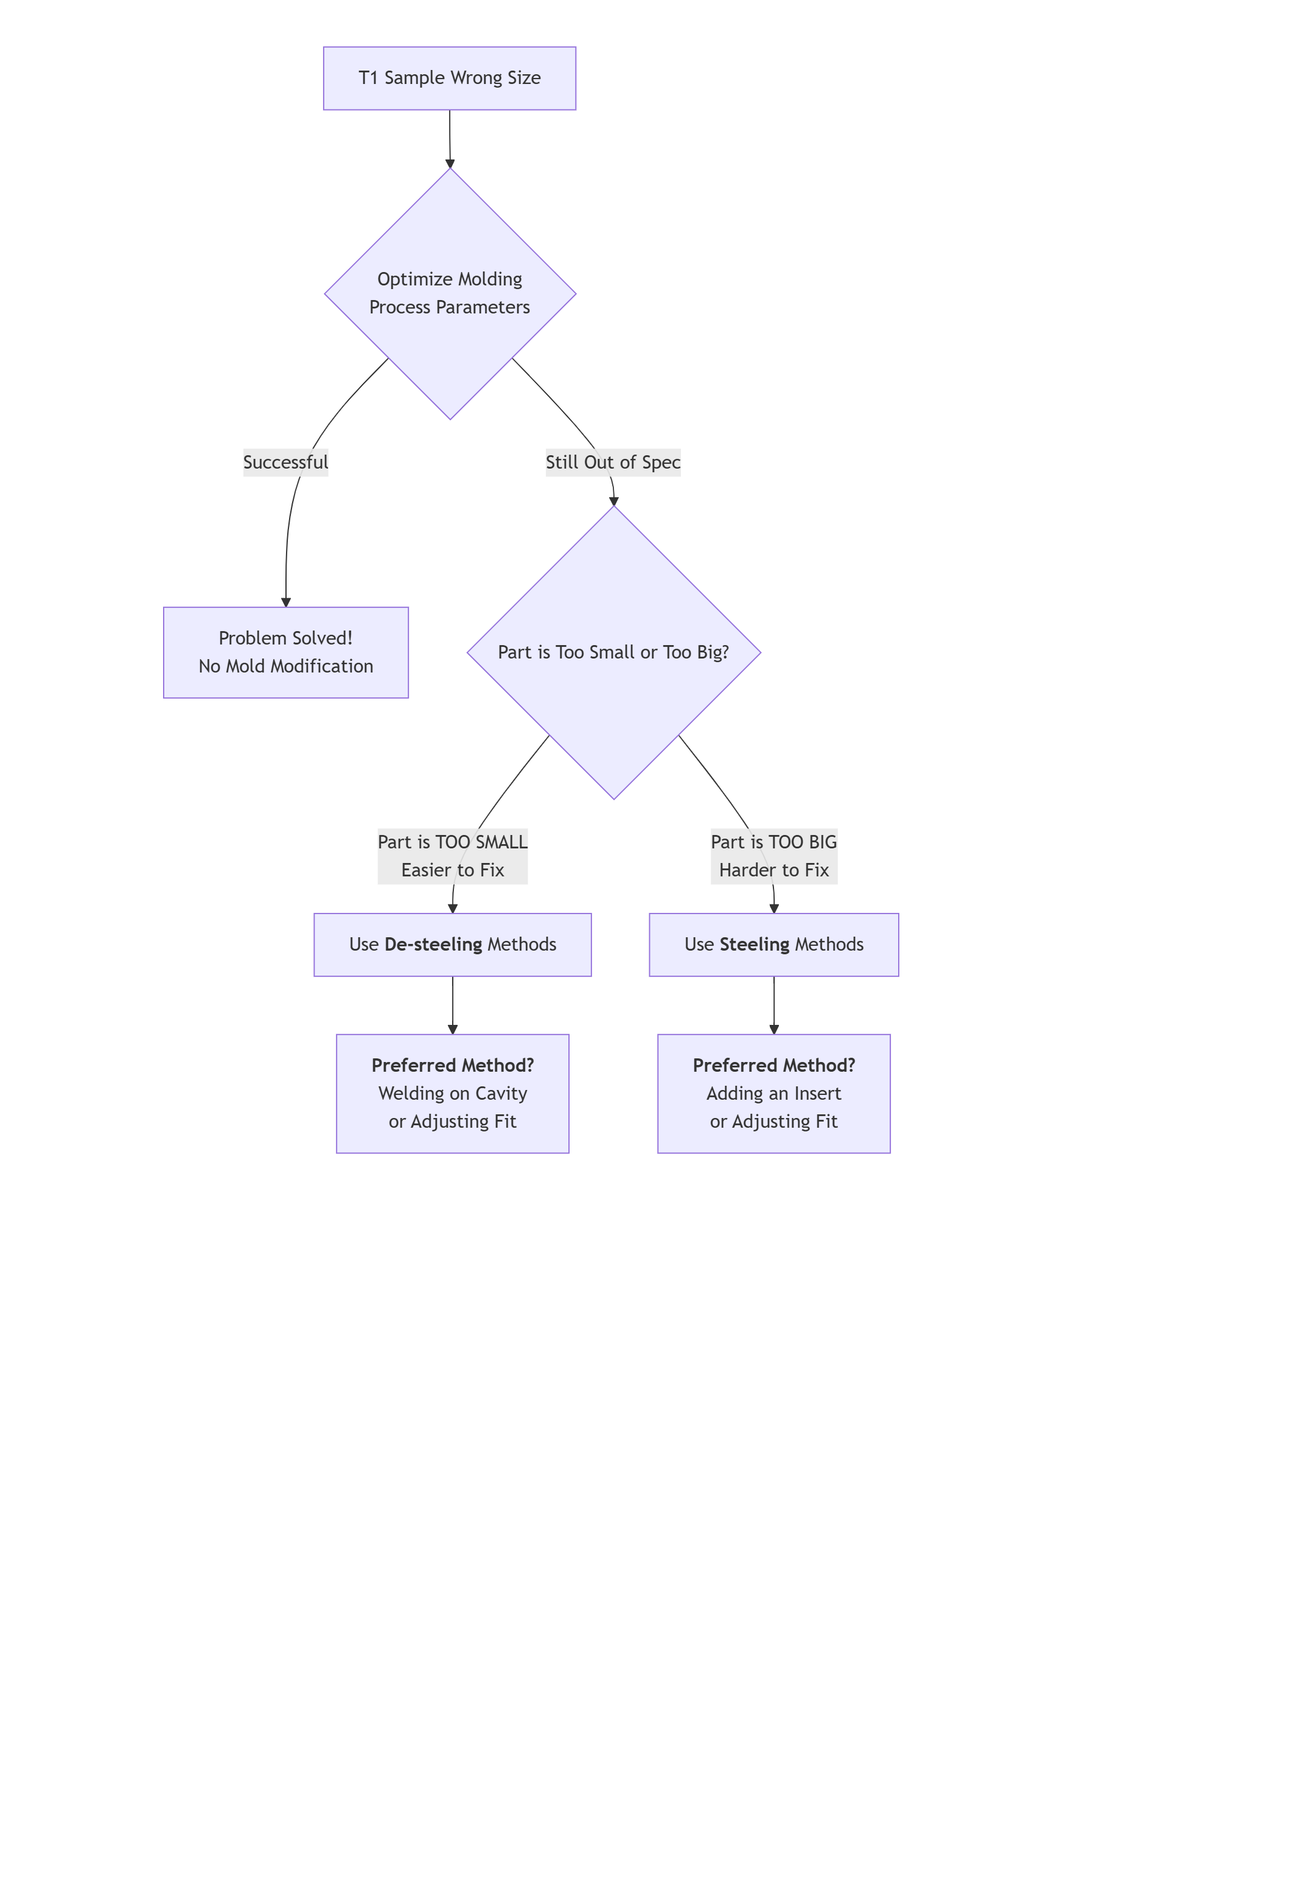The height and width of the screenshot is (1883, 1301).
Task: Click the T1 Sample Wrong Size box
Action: tap(449, 79)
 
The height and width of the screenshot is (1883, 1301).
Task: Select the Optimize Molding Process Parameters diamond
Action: tap(449, 293)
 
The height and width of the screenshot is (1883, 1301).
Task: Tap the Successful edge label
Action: tap(285, 462)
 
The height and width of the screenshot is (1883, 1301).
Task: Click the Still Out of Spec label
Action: tap(612, 462)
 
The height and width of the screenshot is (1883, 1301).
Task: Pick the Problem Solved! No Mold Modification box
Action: tap(285, 652)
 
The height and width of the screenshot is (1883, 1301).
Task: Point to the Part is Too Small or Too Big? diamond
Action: tap(613, 652)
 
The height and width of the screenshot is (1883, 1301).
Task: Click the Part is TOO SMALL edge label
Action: tap(452, 842)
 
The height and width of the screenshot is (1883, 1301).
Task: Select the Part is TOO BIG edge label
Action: tap(773, 842)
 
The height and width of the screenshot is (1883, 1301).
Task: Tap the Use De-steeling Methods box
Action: tap(452, 945)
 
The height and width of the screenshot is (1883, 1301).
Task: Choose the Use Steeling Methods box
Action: tap(773, 945)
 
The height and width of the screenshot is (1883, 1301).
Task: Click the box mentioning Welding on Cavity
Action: tap(452, 1093)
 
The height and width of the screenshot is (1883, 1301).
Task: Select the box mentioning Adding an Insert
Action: tap(773, 1093)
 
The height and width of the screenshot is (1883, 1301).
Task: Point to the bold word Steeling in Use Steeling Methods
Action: tap(754, 945)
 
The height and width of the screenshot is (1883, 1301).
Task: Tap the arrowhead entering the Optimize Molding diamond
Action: tap(450, 164)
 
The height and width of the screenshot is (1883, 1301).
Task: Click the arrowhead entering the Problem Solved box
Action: tap(286, 603)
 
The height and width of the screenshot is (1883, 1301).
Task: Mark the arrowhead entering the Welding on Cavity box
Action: tap(452, 1030)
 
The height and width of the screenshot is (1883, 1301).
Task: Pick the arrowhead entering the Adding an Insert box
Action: tap(773, 1030)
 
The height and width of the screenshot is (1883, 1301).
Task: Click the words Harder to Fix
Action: tap(773, 870)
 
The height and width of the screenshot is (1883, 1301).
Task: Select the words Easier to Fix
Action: tap(452, 870)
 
